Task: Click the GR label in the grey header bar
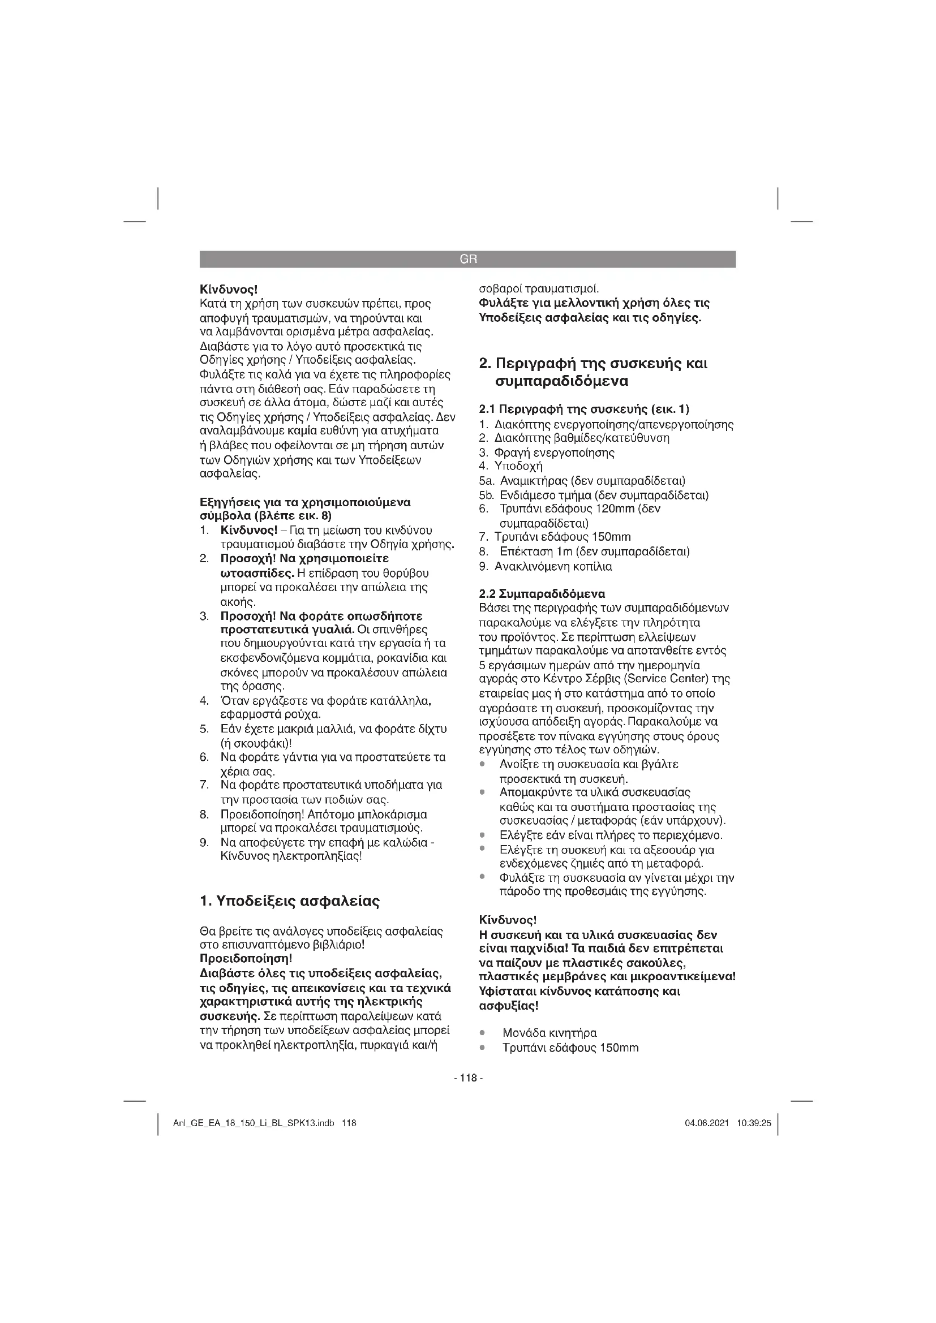tap(468, 259)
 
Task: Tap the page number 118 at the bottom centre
tap(468, 1078)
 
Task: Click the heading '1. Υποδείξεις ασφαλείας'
tap(289, 901)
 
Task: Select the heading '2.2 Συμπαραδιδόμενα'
tap(542, 593)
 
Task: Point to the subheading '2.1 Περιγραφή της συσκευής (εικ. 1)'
tap(585, 409)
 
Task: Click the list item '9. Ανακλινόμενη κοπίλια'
tap(545, 566)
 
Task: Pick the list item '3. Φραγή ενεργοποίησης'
tap(547, 453)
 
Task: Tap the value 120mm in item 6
tap(614, 509)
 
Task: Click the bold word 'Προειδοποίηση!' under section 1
tap(246, 959)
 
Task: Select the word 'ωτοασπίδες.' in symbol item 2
tap(258, 574)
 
